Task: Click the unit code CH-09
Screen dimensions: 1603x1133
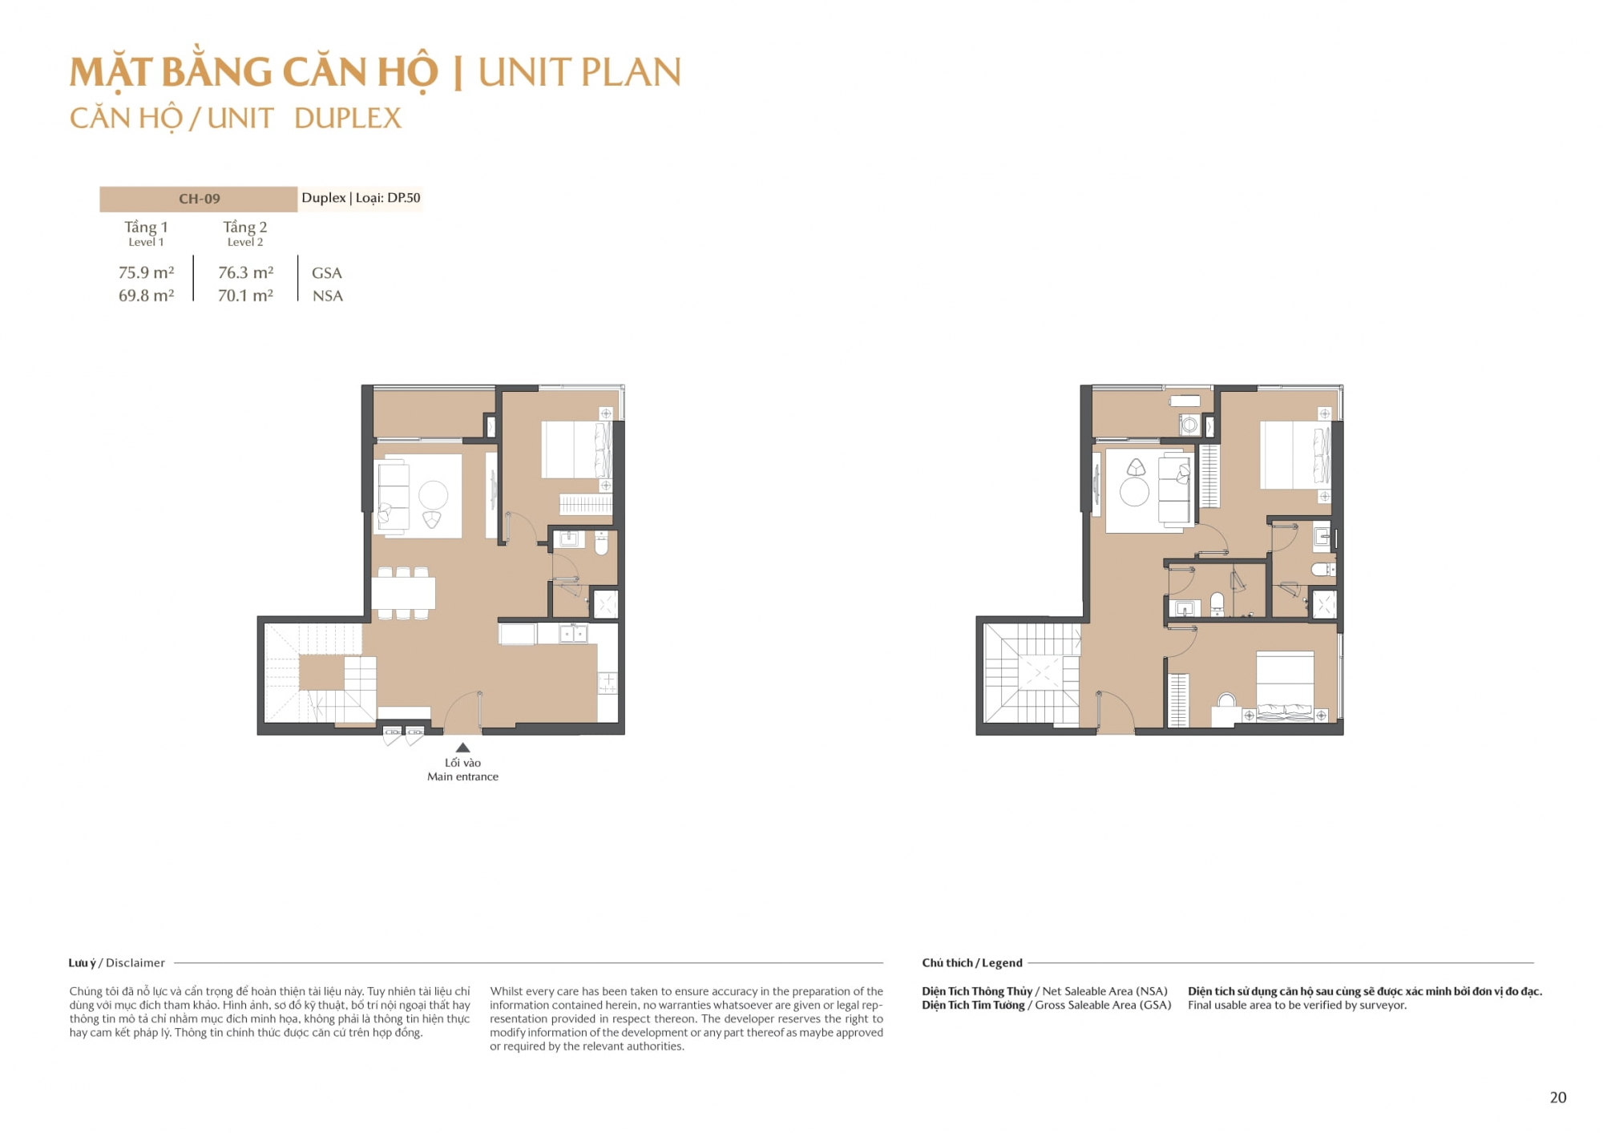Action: click(199, 199)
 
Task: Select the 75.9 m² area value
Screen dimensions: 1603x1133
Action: click(146, 272)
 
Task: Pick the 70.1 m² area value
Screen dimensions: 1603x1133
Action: click(245, 296)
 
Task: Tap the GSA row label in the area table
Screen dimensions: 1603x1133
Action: click(327, 273)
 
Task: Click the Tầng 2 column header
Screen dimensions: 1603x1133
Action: click(245, 227)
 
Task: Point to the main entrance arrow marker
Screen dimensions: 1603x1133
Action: click(462, 748)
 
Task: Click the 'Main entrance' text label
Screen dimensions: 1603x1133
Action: click(462, 776)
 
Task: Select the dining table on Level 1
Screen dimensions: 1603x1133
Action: click(403, 593)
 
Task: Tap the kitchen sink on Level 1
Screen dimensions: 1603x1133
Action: click(573, 635)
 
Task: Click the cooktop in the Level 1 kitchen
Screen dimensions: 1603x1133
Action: click(608, 683)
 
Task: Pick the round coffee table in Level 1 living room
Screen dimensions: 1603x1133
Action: click(433, 495)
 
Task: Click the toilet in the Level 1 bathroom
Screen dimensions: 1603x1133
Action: click(601, 545)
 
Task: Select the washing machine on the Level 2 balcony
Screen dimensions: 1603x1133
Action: click(1189, 425)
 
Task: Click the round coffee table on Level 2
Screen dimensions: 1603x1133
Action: click(1134, 491)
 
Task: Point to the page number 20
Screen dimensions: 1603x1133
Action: click(1558, 1098)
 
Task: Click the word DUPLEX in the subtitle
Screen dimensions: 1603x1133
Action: click(348, 119)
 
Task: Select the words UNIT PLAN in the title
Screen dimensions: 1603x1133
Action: click(579, 72)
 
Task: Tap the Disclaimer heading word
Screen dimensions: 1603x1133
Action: click(135, 963)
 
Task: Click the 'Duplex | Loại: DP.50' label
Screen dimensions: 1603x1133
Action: click(361, 198)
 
